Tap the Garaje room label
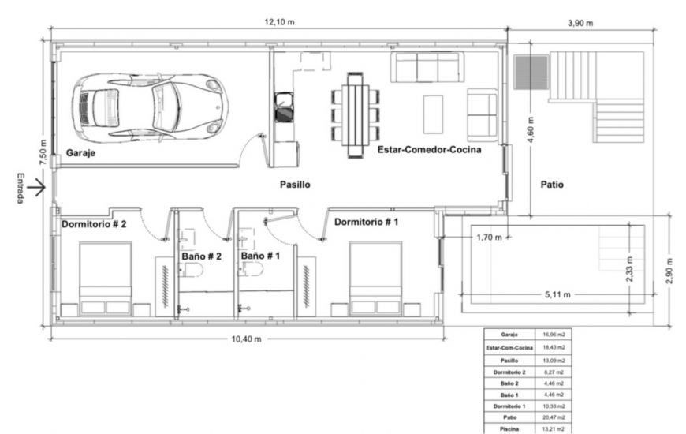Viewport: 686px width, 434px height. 80,153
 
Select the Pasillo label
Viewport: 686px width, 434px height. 296,185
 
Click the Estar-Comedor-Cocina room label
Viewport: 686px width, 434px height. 429,148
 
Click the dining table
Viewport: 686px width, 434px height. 356,114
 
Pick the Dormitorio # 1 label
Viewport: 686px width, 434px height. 367,222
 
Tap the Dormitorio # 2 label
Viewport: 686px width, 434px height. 94,223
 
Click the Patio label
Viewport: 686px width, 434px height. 552,185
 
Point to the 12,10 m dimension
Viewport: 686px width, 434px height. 280,22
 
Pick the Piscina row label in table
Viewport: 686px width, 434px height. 509,428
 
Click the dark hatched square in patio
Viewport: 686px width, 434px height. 531,72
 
